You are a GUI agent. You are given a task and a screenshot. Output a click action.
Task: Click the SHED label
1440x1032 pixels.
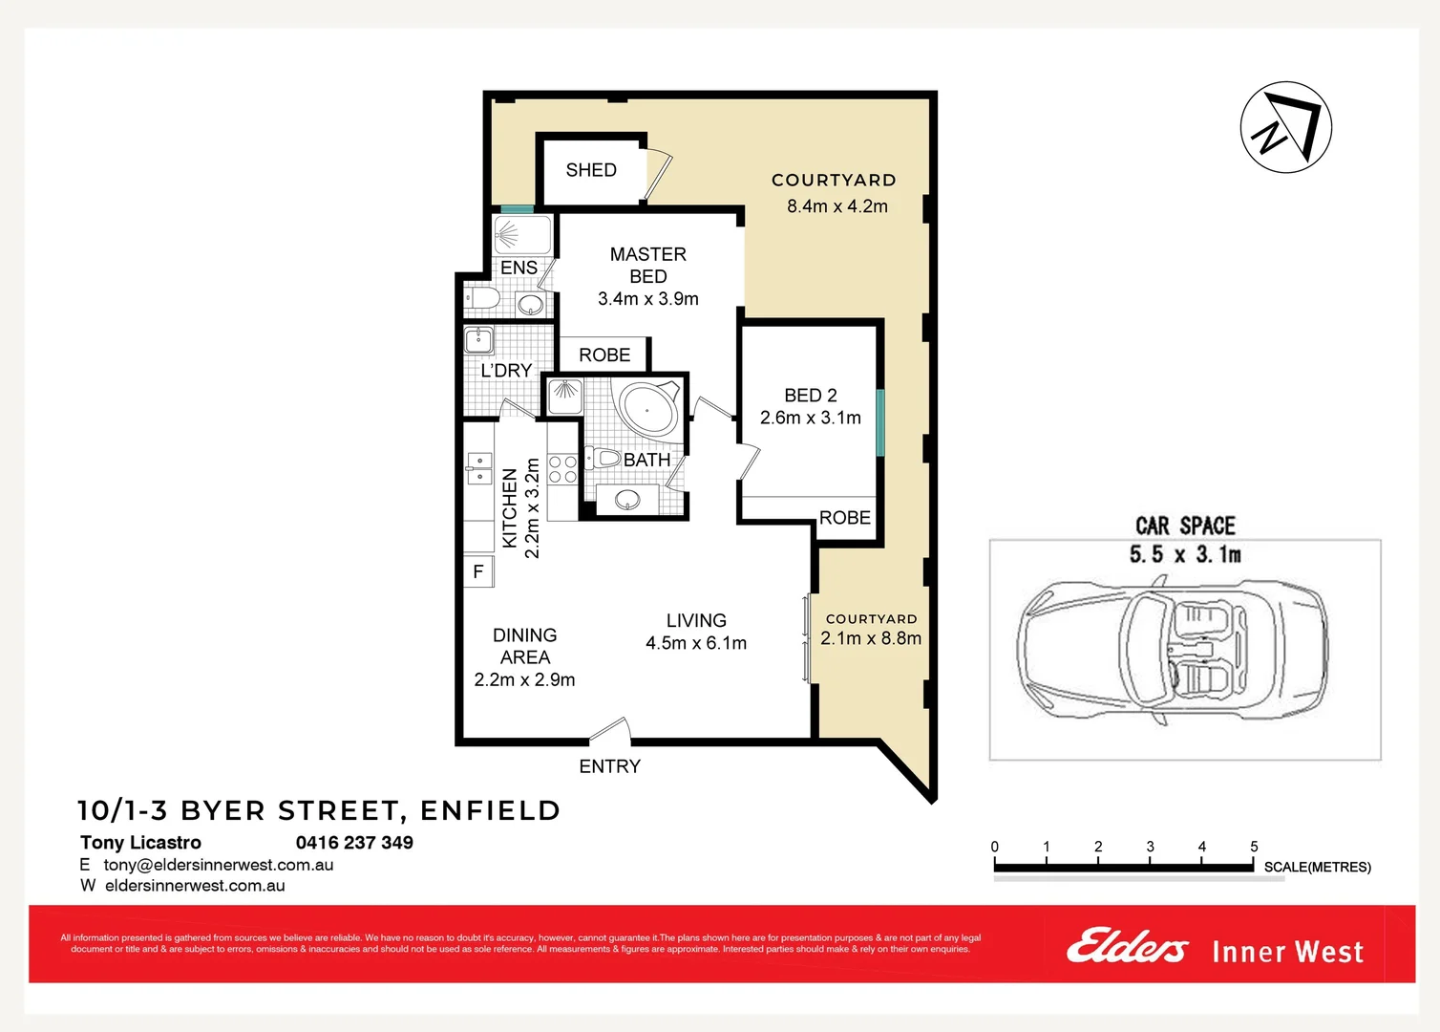coord(591,170)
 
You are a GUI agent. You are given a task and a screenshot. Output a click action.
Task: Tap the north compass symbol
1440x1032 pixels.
coord(1285,127)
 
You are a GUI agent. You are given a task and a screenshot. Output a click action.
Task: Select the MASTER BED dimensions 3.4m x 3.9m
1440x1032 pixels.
coord(647,299)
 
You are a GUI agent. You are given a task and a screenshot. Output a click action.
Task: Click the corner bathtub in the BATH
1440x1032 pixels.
coord(648,409)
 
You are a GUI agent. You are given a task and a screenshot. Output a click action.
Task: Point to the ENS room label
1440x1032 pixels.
coord(519,269)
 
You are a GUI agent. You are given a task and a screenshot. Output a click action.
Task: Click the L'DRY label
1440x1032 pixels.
coord(506,371)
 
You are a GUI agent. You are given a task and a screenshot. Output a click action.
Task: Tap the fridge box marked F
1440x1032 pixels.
coord(478,571)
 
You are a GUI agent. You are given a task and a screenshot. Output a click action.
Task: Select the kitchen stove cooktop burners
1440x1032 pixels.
coord(562,469)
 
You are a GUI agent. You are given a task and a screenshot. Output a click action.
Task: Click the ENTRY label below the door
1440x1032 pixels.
coord(609,766)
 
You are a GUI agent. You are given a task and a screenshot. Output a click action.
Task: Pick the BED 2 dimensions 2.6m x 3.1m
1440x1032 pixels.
coord(810,418)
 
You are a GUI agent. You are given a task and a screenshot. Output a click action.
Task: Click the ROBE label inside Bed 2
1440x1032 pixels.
coord(844,518)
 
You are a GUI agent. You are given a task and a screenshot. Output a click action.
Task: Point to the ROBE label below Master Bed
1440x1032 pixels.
coord(604,355)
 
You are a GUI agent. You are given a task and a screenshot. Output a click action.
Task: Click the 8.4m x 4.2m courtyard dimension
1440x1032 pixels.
coord(836,206)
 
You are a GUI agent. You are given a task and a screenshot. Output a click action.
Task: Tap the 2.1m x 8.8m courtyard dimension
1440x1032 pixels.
coord(871,638)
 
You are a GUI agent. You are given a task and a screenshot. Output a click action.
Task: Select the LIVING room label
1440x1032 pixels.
coord(696,621)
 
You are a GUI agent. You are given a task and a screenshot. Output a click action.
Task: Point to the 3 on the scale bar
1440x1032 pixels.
coord(1150,847)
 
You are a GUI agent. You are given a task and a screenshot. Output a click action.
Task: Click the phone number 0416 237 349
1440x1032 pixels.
coord(354,843)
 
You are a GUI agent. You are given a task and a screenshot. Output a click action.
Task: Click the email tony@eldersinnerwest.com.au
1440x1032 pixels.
coord(219,865)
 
